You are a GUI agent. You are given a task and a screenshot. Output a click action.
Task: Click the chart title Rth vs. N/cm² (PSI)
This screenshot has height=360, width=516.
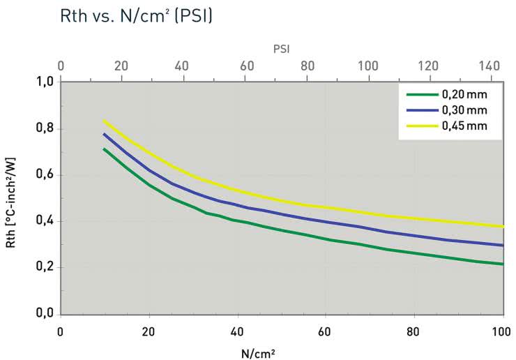click(115, 15)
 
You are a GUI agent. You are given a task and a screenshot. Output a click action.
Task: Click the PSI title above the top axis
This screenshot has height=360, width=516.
click(281, 50)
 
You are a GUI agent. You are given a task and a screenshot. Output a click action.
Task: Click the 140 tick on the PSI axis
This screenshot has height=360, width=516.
click(491, 66)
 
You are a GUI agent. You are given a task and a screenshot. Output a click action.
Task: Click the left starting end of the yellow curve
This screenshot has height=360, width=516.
click(104, 121)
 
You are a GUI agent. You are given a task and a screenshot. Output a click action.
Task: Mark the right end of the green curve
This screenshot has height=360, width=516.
click(502, 264)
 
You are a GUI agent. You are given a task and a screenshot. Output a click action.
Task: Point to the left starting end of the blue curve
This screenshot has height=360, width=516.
click(104, 134)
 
